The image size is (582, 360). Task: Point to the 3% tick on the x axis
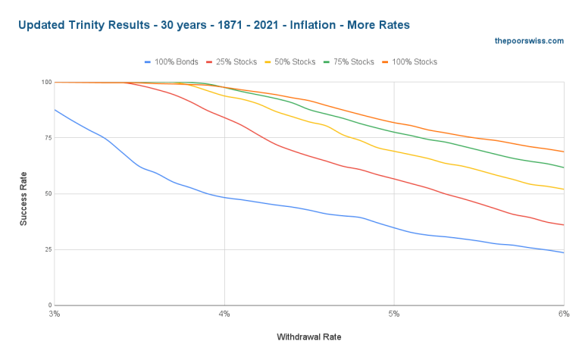click(x=54, y=313)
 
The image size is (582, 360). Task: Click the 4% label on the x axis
click(x=224, y=313)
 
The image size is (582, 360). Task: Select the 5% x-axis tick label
click(x=394, y=313)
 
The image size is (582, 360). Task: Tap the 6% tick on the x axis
click(x=563, y=313)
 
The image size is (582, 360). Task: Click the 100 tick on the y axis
click(x=47, y=82)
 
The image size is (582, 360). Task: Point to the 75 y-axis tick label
click(x=48, y=138)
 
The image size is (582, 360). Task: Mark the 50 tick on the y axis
click(x=48, y=193)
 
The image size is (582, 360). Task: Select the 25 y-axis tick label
click(x=48, y=249)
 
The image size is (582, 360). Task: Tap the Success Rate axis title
click(x=23, y=193)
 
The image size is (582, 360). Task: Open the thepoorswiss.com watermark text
click(x=528, y=41)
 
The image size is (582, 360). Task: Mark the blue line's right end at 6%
click(x=563, y=252)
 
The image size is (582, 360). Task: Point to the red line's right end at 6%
click(x=563, y=224)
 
